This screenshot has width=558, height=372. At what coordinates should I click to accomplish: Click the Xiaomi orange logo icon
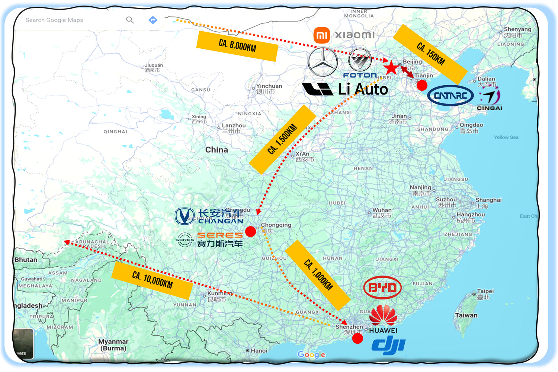[x=322, y=35]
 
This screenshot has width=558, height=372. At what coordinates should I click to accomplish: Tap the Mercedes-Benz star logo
[x=323, y=62]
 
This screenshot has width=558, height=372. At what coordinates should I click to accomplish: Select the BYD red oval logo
[x=382, y=288]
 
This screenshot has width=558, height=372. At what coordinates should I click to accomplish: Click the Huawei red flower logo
[x=383, y=315]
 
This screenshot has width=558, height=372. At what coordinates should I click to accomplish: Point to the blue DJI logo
[x=388, y=345]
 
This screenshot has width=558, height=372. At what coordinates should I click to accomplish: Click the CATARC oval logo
[x=450, y=96]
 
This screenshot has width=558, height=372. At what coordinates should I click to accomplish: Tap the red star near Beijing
[x=391, y=68]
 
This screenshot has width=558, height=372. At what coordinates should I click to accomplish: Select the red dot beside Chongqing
[x=251, y=231]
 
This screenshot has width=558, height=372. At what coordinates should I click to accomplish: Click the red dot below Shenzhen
[x=357, y=338]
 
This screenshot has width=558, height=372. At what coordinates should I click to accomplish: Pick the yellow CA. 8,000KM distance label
[x=237, y=46]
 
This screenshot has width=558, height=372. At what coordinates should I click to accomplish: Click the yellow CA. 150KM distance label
[x=430, y=54]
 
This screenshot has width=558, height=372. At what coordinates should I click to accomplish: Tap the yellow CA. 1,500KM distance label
[x=282, y=139]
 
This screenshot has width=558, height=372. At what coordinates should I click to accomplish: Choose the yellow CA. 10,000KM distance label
[x=152, y=280]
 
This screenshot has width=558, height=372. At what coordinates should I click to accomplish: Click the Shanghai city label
[x=488, y=200]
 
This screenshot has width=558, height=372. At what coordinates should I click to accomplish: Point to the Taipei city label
[x=485, y=291]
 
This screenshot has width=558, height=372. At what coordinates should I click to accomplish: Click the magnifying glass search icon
[x=130, y=20]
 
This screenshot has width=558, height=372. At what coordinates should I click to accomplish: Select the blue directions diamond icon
[x=153, y=20]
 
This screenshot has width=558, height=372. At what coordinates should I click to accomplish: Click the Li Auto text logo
[x=363, y=89]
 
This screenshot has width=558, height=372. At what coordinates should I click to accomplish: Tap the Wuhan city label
[x=382, y=210]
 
